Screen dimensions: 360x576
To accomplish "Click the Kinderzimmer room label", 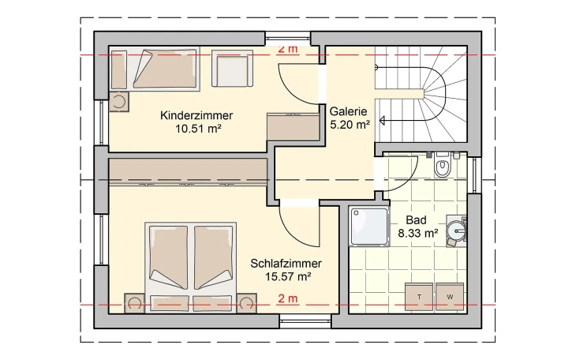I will [x=196, y=115].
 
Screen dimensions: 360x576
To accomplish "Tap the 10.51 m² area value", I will [x=196, y=129].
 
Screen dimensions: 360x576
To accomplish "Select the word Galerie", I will [x=349, y=111].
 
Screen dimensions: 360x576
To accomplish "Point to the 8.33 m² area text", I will [x=417, y=233].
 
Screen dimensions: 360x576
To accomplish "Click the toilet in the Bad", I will [x=443, y=167].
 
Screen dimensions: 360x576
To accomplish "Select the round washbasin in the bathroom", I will [x=457, y=230].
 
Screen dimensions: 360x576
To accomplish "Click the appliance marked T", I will [x=418, y=296].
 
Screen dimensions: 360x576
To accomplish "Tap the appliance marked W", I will [x=450, y=296].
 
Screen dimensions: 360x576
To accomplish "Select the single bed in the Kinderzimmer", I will [x=154, y=69].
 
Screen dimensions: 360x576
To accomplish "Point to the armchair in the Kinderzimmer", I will [x=231, y=69].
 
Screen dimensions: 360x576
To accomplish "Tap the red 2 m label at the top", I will [x=288, y=50].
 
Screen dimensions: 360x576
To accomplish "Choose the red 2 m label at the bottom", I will [x=288, y=298].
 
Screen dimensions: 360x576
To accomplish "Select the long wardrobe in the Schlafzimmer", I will [x=189, y=170].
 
